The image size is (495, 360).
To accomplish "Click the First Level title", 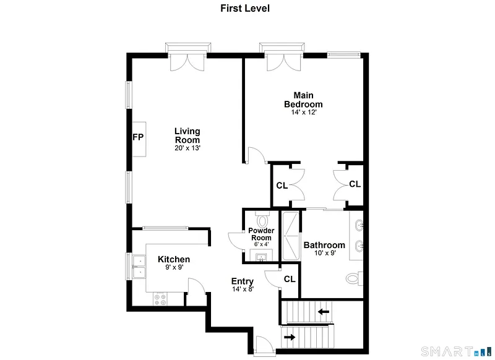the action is [x=245, y=8].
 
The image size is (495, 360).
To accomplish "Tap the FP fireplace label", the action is [x=138, y=137].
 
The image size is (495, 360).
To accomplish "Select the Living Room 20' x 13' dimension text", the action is [x=187, y=148].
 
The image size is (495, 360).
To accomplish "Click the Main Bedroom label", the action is [x=303, y=100].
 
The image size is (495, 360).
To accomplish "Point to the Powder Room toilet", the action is [x=262, y=220].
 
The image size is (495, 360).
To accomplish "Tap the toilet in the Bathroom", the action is [x=354, y=278].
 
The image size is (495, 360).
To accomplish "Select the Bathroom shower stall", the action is [x=290, y=236].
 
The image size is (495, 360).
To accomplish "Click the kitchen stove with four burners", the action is [x=160, y=299].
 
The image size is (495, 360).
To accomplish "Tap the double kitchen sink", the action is [x=139, y=267].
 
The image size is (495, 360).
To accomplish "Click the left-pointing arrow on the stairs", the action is [x=323, y=312].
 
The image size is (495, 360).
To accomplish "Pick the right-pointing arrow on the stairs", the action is [x=290, y=337].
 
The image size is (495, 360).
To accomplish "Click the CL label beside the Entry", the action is [x=290, y=279].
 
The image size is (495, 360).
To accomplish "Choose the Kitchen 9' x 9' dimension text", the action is [x=174, y=267].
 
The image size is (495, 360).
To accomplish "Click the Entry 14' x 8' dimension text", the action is [x=243, y=289].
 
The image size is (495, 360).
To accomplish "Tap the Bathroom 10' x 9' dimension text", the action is [x=325, y=253].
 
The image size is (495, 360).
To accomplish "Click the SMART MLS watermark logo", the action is [x=457, y=351].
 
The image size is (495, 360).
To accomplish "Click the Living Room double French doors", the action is [x=187, y=62].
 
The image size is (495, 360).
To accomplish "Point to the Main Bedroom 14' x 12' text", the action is [x=304, y=113].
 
